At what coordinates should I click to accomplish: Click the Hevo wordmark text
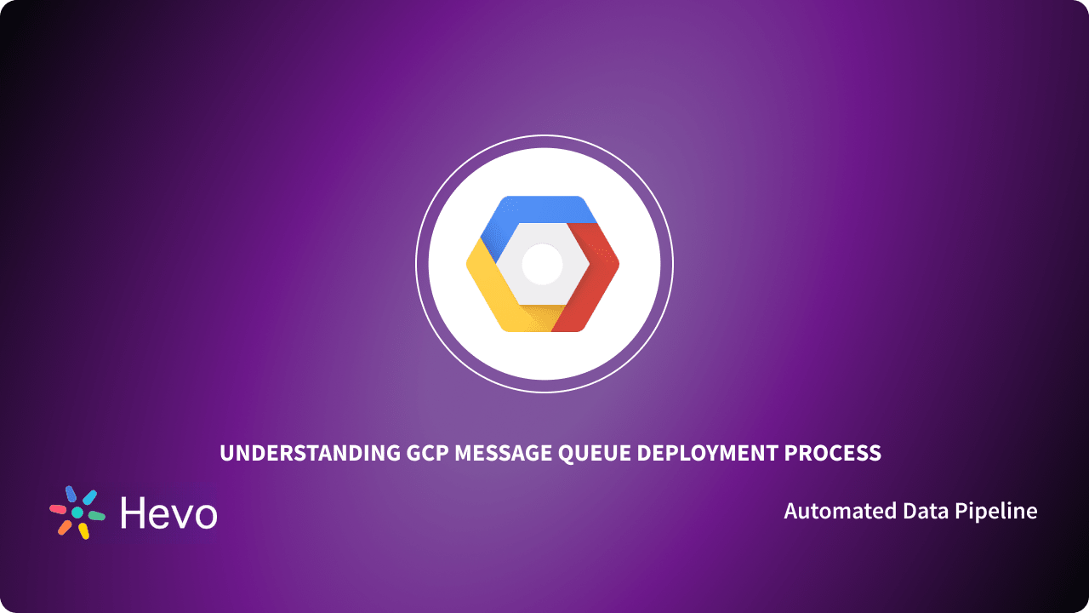coord(168,513)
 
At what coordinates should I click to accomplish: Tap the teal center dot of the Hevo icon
coord(77,513)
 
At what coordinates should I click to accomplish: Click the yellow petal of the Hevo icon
coord(83,531)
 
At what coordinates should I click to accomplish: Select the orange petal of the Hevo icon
coord(65,527)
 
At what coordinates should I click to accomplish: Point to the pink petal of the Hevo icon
coord(58,509)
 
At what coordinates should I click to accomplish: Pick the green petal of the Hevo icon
coord(97,516)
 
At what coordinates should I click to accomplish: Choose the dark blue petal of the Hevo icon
coord(71,494)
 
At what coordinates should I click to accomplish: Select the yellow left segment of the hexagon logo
coord(489,281)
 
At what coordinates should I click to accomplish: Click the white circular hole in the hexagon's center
coord(542,264)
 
